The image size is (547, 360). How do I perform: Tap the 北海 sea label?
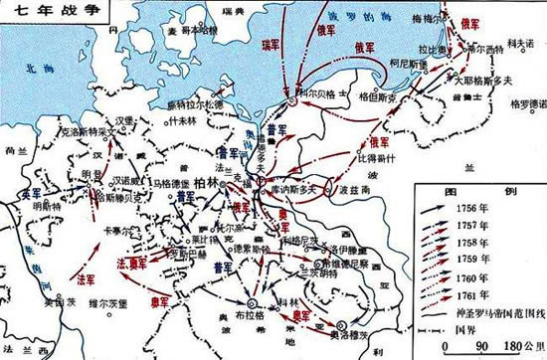click(20, 71)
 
